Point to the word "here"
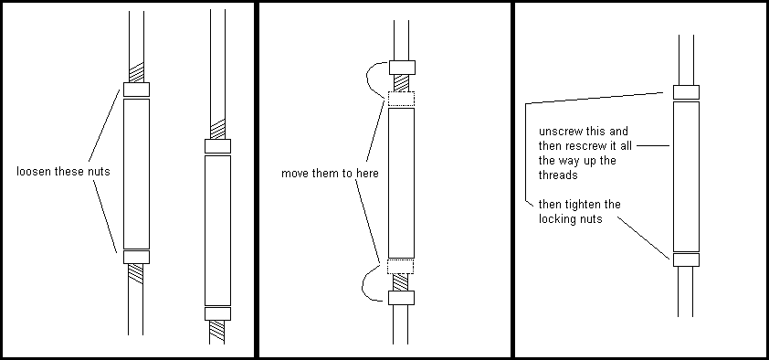tap(366, 174)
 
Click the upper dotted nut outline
tap(401, 99)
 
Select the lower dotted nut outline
tap(401, 266)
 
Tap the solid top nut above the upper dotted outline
tap(402, 68)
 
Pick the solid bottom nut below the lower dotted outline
tap(401, 298)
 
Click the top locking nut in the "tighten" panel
tap(686, 92)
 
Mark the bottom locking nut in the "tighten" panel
tap(686, 259)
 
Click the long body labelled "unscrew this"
tap(686, 176)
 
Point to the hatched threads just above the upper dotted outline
tap(401, 83)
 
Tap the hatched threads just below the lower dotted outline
tap(401, 282)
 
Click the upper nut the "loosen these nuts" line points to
tap(136, 90)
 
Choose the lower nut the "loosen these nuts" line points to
tap(136, 257)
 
